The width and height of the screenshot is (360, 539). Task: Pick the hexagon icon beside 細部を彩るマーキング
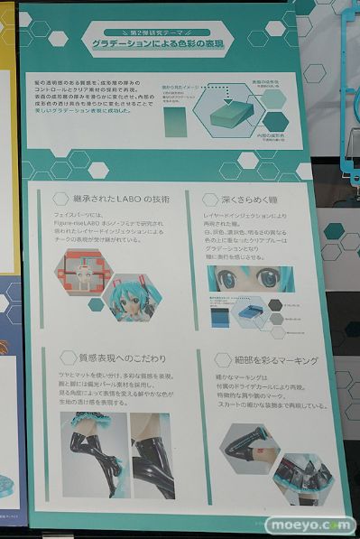pos(215,361)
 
